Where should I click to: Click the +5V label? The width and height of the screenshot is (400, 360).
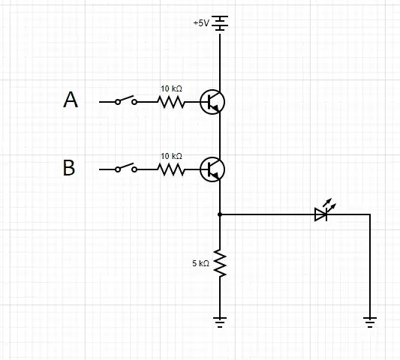point(201,23)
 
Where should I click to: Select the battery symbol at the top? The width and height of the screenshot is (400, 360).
point(220,23)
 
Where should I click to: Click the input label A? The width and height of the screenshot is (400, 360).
point(71,100)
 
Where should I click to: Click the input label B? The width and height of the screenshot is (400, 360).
point(69,169)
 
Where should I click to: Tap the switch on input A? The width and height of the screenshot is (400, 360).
point(125,100)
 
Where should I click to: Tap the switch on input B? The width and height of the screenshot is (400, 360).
point(125,169)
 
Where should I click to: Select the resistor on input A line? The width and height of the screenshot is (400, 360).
point(171,102)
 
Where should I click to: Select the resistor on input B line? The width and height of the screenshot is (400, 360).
point(171,170)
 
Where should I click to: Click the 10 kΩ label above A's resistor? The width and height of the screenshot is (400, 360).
point(171,88)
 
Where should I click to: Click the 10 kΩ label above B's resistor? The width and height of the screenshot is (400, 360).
point(171,157)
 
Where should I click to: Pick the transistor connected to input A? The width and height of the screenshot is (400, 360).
point(212,102)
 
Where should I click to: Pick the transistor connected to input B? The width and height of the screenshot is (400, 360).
point(212,170)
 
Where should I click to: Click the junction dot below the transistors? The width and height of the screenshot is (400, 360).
point(220,214)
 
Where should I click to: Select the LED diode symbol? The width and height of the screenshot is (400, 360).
point(321,214)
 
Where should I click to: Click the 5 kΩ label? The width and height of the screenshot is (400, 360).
point(200,264)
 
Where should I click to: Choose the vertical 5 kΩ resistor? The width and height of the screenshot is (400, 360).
point(220,263)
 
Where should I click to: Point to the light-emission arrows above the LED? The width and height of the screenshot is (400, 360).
point(328,202)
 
